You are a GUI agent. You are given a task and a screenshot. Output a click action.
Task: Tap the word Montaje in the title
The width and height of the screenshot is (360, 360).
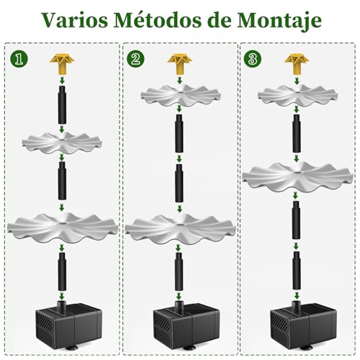(x=281, y=22)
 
